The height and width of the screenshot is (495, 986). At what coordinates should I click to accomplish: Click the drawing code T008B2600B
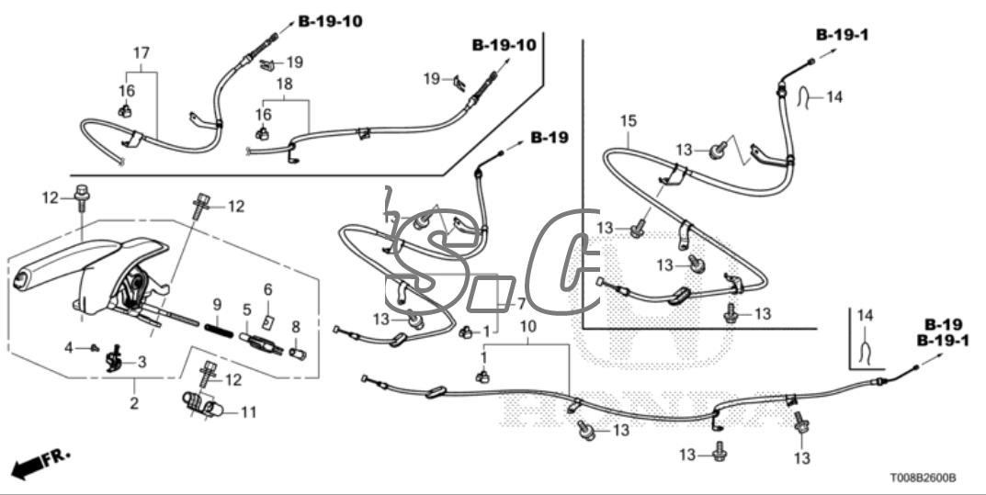(922, 478)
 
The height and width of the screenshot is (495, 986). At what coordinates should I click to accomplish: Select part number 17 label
(140, 54)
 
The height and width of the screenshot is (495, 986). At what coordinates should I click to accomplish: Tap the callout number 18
(285, 84)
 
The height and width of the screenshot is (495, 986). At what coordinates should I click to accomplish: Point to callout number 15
(628, 120)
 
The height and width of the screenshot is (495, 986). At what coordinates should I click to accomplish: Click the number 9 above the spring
(217, 304)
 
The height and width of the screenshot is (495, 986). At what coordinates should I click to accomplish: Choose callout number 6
(268, 289)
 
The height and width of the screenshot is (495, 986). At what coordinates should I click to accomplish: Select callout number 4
(94, 347)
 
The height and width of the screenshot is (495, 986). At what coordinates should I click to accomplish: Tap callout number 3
(142, 362)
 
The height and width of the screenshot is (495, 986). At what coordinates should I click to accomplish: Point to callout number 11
(248, 412)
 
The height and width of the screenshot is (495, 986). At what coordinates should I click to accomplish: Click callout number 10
(527, 328)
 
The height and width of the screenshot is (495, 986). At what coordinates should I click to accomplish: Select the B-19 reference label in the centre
(549, 138)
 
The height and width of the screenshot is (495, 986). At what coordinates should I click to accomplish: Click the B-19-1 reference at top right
(842, 35)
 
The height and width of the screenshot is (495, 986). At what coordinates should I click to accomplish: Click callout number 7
(520, 303)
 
